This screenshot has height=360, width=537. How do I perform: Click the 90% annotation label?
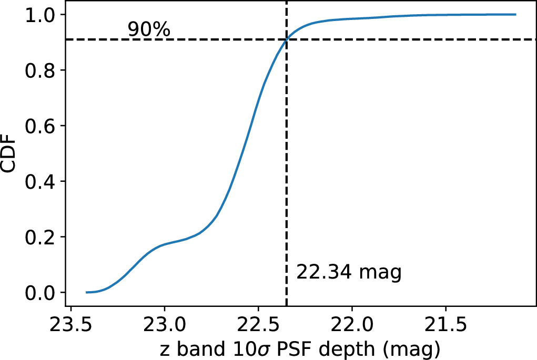[149, 29]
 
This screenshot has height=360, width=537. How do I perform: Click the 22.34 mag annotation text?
[349, 272]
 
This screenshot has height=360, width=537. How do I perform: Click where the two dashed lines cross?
[286, 39]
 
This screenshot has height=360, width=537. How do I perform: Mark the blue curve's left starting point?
[86, 292]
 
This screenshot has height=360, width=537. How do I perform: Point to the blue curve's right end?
[515, 15]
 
